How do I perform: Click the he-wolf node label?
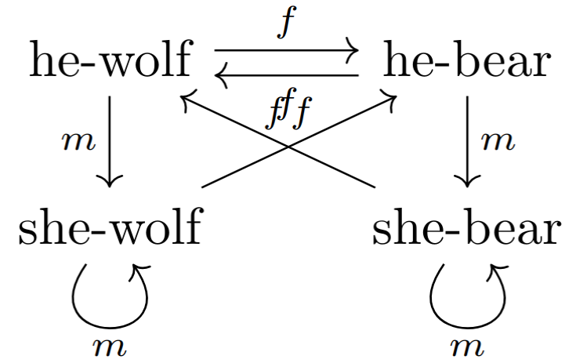(110, 62)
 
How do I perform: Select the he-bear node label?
(466, 62)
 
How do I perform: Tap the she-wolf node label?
(109, 229)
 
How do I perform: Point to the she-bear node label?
(467, 229)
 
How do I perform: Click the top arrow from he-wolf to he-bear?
(286, 51)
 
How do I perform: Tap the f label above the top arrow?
(287, 24)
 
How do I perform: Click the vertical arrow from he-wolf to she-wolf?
(109, 141)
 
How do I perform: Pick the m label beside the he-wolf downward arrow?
(77, 141)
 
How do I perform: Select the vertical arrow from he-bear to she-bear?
(468, 141)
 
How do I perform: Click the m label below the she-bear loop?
(467, 346)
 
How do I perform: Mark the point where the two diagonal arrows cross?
(288, 147)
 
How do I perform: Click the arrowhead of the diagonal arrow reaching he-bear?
(389, 98)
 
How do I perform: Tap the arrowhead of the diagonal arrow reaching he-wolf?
(187, 98)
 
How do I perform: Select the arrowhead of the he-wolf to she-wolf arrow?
(109, 181)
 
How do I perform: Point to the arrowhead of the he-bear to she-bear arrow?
(468, 181)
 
